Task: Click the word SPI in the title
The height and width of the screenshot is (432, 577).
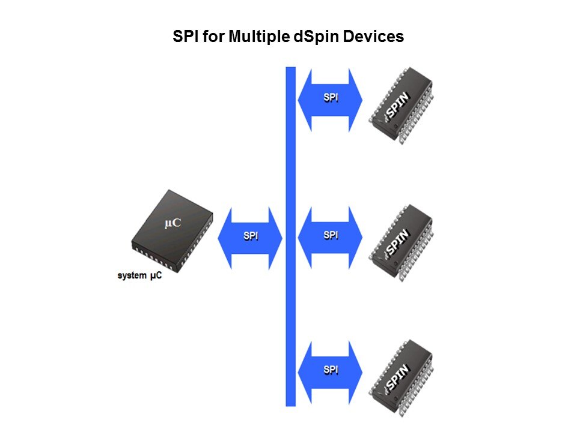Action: click(186, 37)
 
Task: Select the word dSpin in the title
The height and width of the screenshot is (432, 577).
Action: click(316, 37)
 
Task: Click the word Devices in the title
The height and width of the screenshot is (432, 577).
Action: click(373, 37)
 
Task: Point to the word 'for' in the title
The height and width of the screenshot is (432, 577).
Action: click(213, 37)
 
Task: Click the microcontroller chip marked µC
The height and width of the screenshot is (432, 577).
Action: click(172, 232)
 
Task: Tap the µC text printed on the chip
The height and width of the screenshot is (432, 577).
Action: click(172, 223)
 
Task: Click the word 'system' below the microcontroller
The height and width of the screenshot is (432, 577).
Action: click(132, 275)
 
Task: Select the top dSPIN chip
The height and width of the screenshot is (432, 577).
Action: click(401, 106)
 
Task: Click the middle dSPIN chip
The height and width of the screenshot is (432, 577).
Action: click(401, 243)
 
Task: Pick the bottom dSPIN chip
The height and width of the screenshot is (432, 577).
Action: click(401, 379)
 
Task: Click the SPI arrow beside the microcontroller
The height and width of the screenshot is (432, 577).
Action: click(250, 238)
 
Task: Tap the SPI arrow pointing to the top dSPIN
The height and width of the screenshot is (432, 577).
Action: click(330, 100)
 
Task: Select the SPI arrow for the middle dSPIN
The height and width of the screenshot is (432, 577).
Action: click(330, 238)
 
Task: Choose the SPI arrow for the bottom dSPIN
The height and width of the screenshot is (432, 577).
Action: click(330, 373)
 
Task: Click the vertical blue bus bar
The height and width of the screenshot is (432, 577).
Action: click(291, 236)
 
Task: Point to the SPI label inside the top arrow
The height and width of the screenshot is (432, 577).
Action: click(331, 98)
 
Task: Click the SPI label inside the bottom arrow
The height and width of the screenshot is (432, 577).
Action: click(331, 370)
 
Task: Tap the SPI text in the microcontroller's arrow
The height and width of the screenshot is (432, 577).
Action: click(251, 236)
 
